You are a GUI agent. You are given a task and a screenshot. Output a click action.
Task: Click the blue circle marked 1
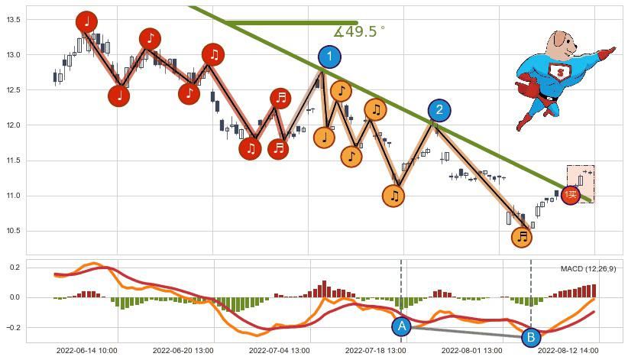(329, 57)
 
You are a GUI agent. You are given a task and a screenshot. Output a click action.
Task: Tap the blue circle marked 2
(439, 111)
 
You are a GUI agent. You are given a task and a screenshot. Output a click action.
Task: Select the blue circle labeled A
(402, 326)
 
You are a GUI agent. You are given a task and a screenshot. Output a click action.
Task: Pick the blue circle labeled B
(531, 337)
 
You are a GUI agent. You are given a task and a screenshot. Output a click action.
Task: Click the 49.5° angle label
(360, 32)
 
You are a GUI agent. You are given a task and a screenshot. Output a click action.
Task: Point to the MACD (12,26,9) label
(588, 269)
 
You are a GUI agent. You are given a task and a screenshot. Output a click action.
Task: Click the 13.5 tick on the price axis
(15, 20)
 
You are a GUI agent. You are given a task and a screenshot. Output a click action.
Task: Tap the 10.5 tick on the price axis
(15, 231)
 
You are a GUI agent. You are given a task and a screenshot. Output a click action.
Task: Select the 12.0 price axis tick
(15, 125)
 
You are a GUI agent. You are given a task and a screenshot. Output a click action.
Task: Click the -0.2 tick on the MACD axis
(12, 327)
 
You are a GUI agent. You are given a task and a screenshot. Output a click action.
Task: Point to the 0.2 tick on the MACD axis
(15, 268)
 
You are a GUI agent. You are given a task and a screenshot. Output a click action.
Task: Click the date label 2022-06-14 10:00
(86, 351)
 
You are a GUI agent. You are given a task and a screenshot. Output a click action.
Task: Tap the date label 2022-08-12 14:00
(568, 351)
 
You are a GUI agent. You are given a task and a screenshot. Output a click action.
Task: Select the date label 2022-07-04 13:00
(279, 351)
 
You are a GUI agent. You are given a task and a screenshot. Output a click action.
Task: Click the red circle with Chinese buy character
(571, 195)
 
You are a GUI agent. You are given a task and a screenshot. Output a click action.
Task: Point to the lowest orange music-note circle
(522, 236)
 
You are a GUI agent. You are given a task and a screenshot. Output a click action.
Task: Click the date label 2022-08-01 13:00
(471, 351)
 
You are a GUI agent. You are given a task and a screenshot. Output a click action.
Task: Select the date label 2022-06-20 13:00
(183, 351)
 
